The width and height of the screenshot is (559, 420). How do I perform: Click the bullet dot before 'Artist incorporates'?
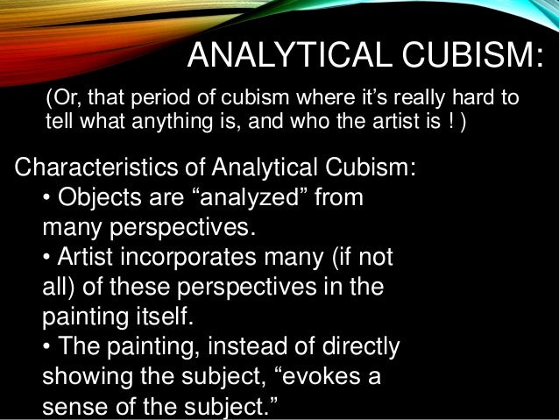48,260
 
